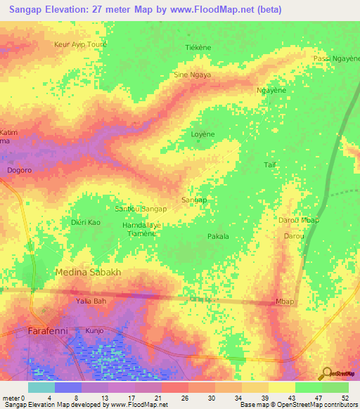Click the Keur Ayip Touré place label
click(80, 44)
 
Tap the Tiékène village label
click(198, 48)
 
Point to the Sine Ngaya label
click(192, 74)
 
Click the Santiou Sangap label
click(141, 209)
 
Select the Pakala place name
click(218, 237)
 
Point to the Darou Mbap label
click(300, 221)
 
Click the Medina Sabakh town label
click(89, 272)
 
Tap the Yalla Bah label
click(90, 301)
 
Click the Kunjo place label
click(95, 329)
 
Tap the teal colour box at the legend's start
click(41, 387)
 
